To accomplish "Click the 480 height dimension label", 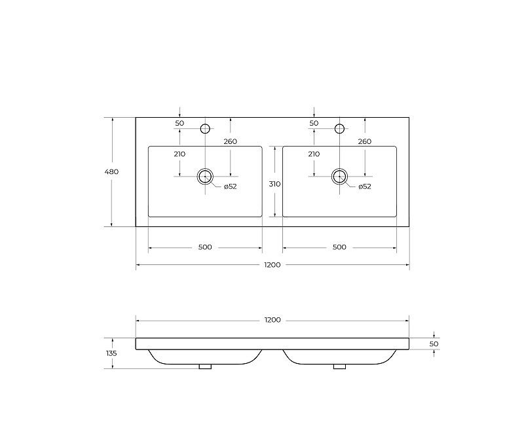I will click(x=111, y=172).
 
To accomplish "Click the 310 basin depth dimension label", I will click(x=274, y=184).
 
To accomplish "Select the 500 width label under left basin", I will click(x=205, y=247).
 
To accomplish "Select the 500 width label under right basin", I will click(x=339, y=247).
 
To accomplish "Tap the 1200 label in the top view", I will click(x=272, y=265).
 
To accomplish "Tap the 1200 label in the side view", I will click(x=272, y=320).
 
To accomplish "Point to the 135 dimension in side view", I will click(x=111, y=353).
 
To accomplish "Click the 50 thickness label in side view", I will click(x=434, y=344).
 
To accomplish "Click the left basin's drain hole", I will click(x=205, y=175).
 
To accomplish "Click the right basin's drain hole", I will click(x=339, y=175).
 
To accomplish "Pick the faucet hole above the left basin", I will click(x=205, y=128).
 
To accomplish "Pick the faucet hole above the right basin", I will click(x=339, y=128).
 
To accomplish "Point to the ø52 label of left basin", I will click(x=230, y=186).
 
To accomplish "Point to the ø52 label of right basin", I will click(x=365, y=186).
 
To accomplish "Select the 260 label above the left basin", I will click(x=230, y=141).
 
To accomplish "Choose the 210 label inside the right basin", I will click(x=314, y=154).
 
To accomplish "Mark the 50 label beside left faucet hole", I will click(x=179, y=123).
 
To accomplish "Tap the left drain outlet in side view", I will click(x=205, y=366).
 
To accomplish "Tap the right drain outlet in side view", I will click(x=339, y=366).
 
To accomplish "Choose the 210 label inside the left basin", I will click(x=179, y=154).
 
